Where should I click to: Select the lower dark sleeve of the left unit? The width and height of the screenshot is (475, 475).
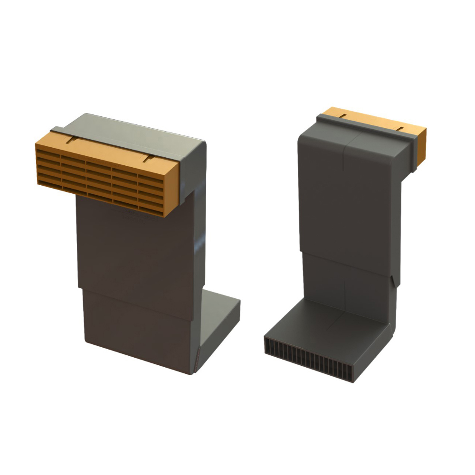point(138,328)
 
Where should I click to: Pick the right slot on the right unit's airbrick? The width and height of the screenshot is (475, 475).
point(400,128)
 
